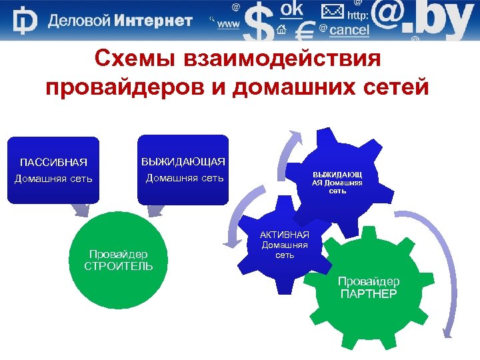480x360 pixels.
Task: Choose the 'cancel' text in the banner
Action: (349, 30)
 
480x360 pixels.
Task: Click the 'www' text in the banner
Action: (229, 25)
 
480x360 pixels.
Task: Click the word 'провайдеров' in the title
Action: (126, 87)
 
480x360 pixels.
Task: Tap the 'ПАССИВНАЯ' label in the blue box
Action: (53, 163)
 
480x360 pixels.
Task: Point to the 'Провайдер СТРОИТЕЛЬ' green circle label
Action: (119, 260)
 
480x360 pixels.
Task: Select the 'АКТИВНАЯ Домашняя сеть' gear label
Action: (285, 245)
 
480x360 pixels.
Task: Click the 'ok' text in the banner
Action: (291, 9)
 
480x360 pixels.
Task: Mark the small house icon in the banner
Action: (281, 29)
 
